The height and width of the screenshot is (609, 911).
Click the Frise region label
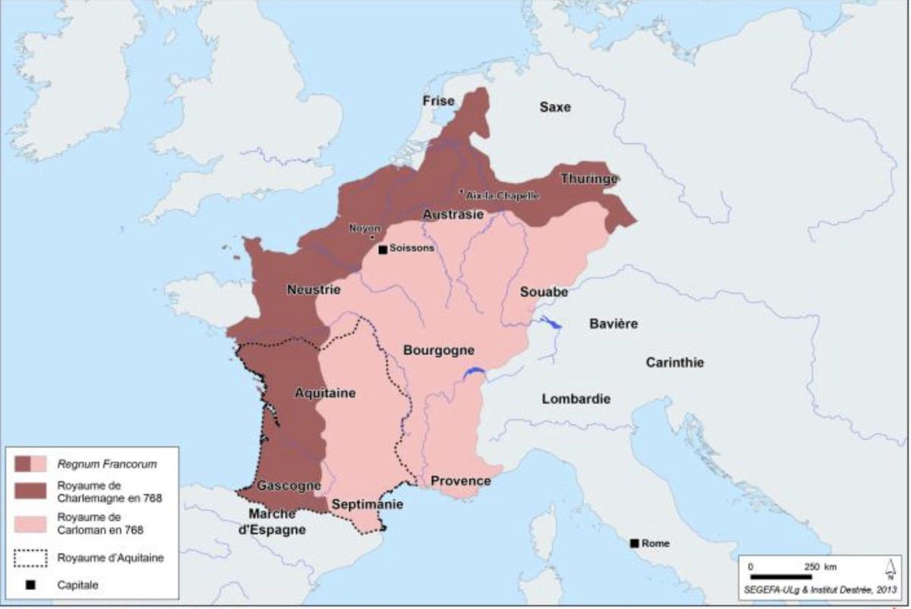pos(439,101)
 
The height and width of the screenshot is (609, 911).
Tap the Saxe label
pos(554,107)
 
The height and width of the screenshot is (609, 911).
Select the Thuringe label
pos(589,179)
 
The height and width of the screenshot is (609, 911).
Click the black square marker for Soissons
pos(383,249)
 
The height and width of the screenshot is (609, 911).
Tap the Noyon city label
pos(364,228)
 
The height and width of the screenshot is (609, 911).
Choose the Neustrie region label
pos(314,289)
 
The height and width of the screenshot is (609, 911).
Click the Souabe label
pos(544,291)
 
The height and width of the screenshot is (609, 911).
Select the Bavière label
pos(613,324)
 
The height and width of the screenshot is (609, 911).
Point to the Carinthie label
pos(674,363)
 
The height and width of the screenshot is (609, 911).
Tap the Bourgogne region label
pos(439,350)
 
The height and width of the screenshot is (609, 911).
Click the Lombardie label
pos(576,399)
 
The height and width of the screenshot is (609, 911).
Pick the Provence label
pos(461,481)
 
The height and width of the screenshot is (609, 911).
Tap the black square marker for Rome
pos(634,543)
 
